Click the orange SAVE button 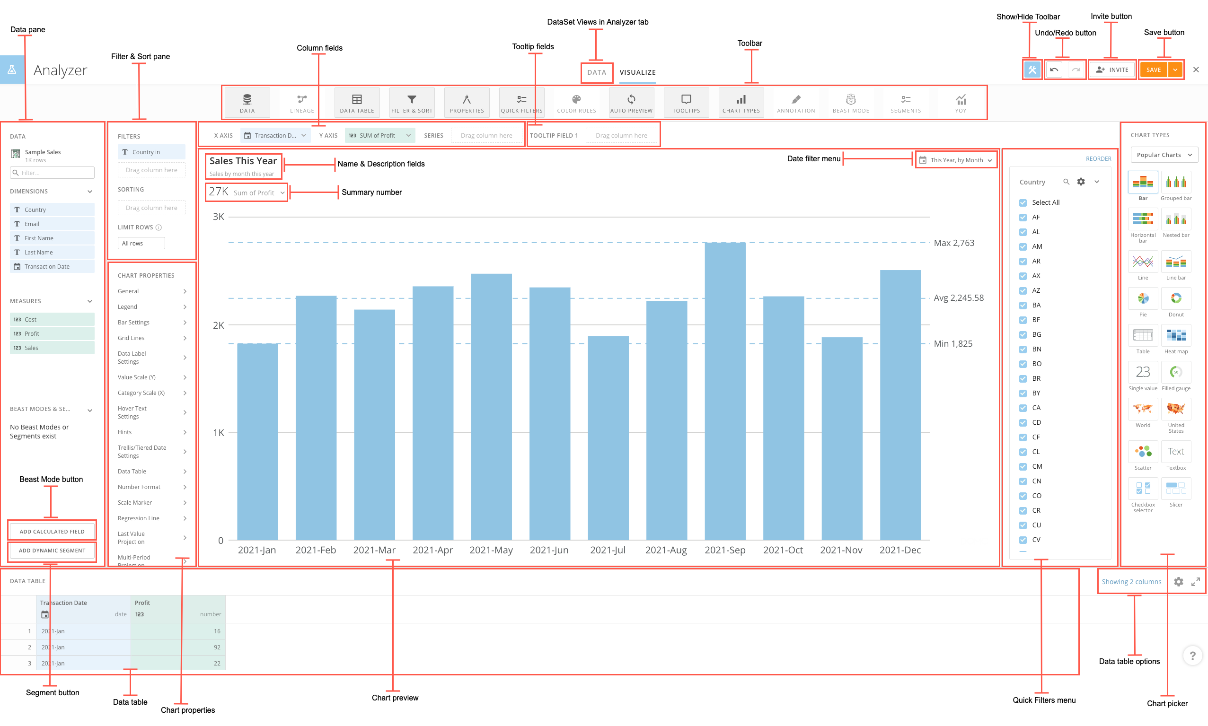(x=1153, y=70)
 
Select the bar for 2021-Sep (x=724, y=391)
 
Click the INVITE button (x=1112, y=70)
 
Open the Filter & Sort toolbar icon (x=412, y=103)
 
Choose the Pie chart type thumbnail (x=1142, y=299)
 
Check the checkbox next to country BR (x=1023, y=379)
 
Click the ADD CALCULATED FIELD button (x=52, y=531)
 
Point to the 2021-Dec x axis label (x=900, y=550)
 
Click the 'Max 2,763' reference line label (x=953, y=243)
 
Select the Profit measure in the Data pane (x=52, y=333)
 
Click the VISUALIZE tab (x=637, y=72)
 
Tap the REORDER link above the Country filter (x=1098, y=158)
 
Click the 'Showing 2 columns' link (x=1131, y=582)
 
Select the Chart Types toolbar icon (x=741, y=103)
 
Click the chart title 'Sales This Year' (x=243, y=161)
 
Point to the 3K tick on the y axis (x=218, y=216)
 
